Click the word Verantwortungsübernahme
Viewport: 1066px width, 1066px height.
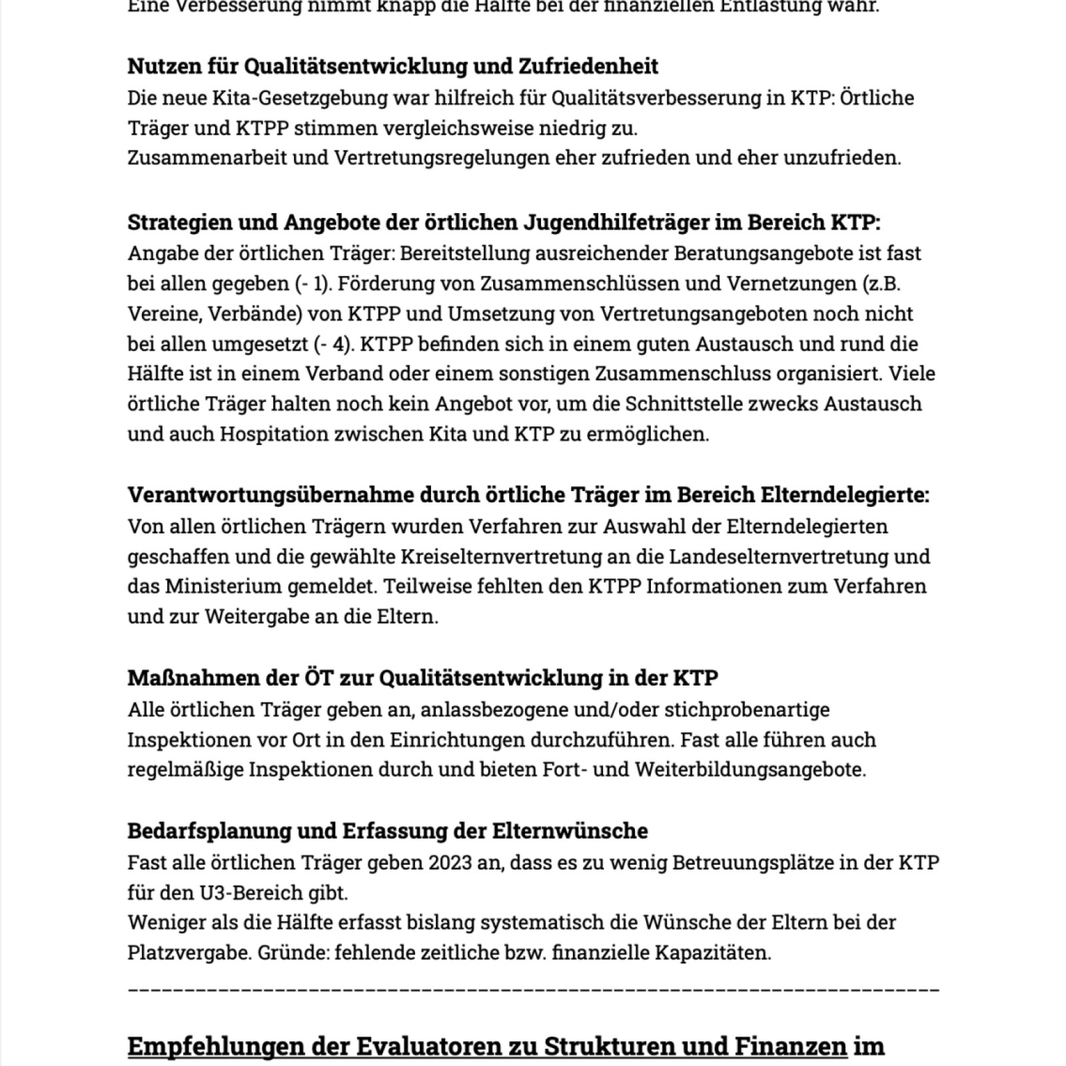click(x=270, y=495)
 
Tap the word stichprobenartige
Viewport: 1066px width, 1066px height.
click(x=747, y=710)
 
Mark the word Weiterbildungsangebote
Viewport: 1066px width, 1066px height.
click(x=750, y=770)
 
